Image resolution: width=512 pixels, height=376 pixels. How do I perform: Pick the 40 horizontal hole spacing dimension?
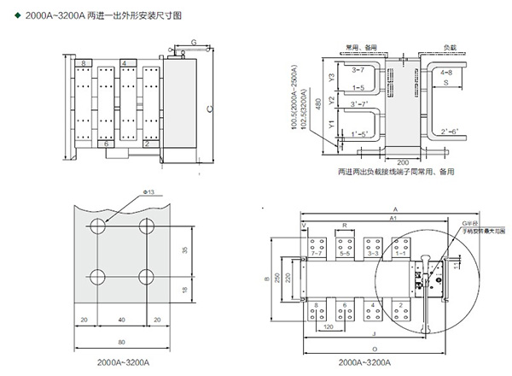[125, 319]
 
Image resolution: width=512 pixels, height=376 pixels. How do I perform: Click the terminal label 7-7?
[317, 254]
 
